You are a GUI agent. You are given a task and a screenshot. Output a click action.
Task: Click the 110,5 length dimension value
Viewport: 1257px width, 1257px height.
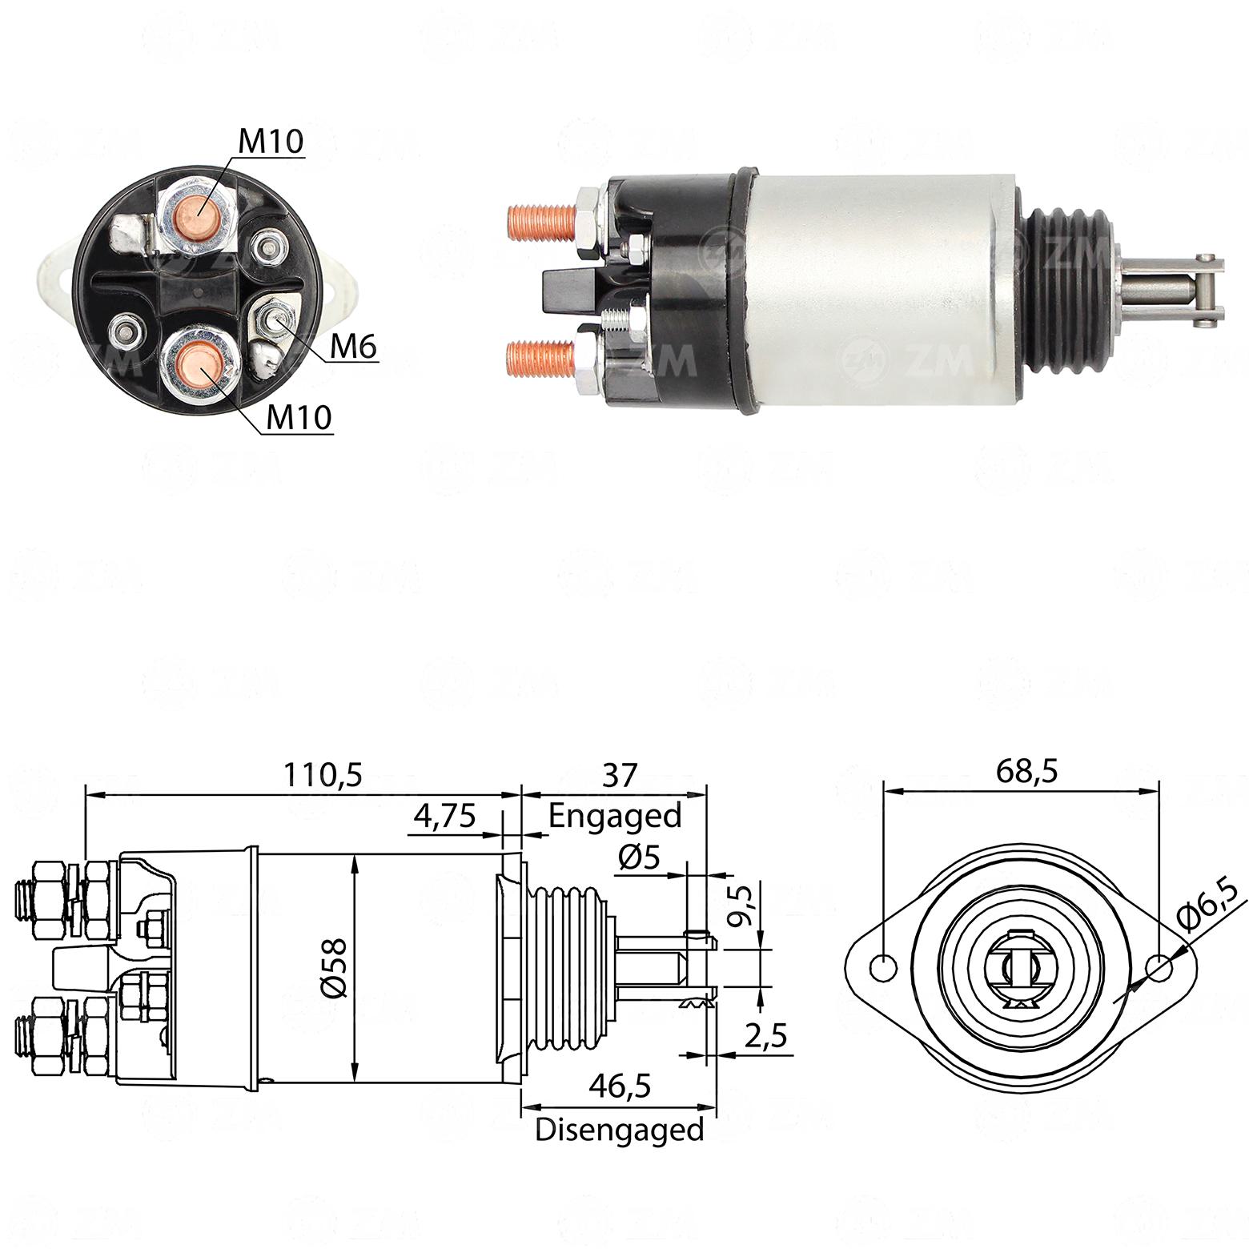pos(323,775)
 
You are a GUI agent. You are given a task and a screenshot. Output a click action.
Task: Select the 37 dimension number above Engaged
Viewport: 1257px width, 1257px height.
pos(619,775)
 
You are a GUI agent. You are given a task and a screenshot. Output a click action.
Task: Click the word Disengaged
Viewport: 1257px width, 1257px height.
pos(619,1130)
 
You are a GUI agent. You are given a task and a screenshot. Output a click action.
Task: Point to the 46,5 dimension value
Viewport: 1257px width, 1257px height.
pos(619,1086)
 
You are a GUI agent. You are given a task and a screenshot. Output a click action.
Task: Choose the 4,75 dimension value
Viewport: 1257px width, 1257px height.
pos(444,816)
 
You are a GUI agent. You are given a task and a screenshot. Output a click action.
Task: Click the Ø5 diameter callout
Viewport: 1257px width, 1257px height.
pos(639,858)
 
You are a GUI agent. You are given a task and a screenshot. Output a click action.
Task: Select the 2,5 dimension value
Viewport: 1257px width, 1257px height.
pos(766,1036)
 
